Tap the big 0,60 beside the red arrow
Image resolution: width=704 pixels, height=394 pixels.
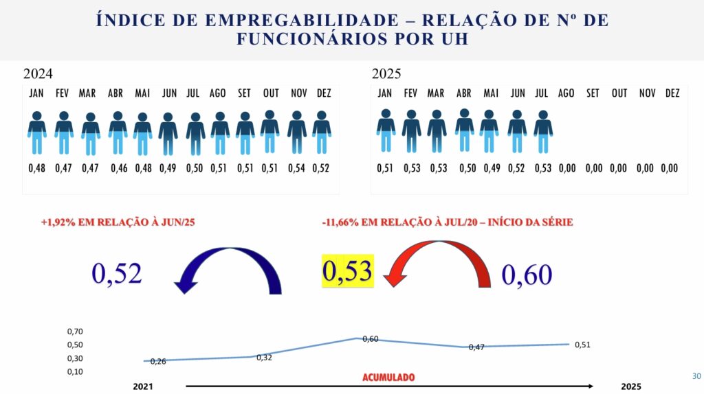pos(527,275)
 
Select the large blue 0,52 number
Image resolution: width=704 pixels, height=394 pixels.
pos(117,273)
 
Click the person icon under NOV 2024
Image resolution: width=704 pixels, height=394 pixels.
pos(297,132)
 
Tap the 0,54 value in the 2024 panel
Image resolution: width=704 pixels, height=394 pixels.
pos(297,168)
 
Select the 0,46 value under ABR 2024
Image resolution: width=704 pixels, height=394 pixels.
pos(116,168)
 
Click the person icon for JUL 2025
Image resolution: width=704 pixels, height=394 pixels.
pos(543,132)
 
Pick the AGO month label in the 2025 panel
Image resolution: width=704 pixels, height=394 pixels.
pos(566,93)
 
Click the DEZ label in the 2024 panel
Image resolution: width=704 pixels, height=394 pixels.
pos(322,93)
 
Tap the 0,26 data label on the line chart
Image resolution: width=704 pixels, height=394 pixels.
pos(157,361)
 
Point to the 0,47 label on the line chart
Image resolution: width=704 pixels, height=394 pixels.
pos(476,347)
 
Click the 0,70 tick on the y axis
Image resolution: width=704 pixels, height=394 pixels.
pos(75,332)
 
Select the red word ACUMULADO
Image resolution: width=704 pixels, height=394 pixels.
pos(388,378)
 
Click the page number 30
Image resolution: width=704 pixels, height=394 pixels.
pos(696,376)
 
